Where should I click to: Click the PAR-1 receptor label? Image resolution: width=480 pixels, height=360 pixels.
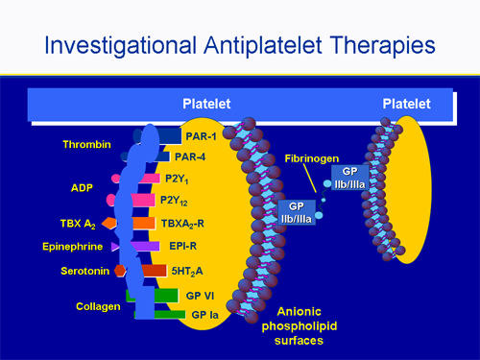coord(201,137)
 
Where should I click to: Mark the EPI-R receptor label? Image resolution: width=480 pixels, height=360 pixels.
coord(183,247)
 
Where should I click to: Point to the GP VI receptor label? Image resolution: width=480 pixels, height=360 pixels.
coord(200,295)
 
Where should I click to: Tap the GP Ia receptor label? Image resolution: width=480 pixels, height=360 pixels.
coord(205,314)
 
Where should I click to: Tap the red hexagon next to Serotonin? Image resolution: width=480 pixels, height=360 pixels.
coord(120,271)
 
